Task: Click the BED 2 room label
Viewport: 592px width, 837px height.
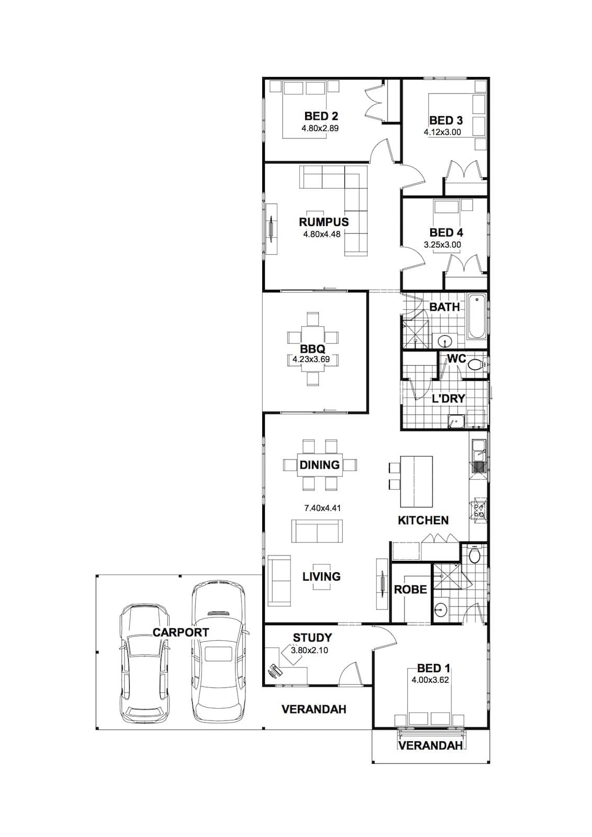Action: [x=321, y=116]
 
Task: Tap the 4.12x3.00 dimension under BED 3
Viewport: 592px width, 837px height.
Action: [x=442, y=132]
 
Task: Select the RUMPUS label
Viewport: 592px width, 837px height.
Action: [x=323, y=222]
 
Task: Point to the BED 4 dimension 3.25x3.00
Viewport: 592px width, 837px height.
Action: [x=442, y=245]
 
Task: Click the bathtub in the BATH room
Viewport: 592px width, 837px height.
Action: [x=476, y=317]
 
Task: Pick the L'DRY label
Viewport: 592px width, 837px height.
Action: [x=448, y=399]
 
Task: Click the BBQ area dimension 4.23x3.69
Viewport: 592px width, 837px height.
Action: [x=311, y=359]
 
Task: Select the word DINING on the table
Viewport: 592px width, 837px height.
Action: [x=320, y=465]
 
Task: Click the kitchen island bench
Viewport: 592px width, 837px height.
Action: [x=416, y=481]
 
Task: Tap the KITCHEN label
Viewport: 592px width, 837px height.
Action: [x=423, y=520]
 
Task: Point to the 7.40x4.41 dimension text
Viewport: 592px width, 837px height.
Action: [x=322, y=508]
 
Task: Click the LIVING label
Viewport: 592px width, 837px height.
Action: [x=321, y=576]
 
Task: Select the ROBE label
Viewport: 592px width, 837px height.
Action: [x=410, y=590]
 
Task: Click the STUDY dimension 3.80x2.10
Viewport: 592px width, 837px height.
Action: [x=309, y=650]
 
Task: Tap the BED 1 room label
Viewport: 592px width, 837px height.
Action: [x=433, y=668]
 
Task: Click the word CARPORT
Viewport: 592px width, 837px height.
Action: [x=181, y=632]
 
